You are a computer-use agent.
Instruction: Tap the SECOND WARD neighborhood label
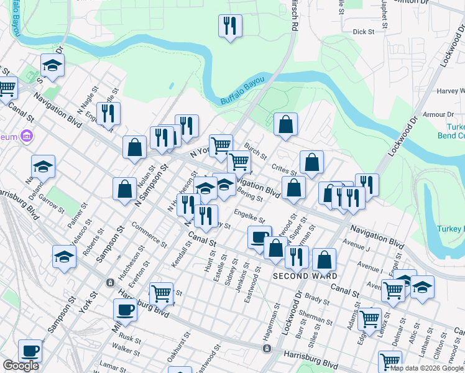point(305,275)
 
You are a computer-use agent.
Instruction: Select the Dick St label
point(363,31)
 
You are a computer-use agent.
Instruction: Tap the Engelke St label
point(249,216)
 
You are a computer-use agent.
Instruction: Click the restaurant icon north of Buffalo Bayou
point(230,25)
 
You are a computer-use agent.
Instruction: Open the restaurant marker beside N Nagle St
point(108,113)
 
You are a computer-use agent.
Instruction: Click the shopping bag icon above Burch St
point(285,124)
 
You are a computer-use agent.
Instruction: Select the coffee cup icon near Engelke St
point(259,237)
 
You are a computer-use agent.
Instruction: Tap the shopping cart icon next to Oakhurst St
point(161,292)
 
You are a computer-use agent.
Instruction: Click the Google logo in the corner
point(21,366)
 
